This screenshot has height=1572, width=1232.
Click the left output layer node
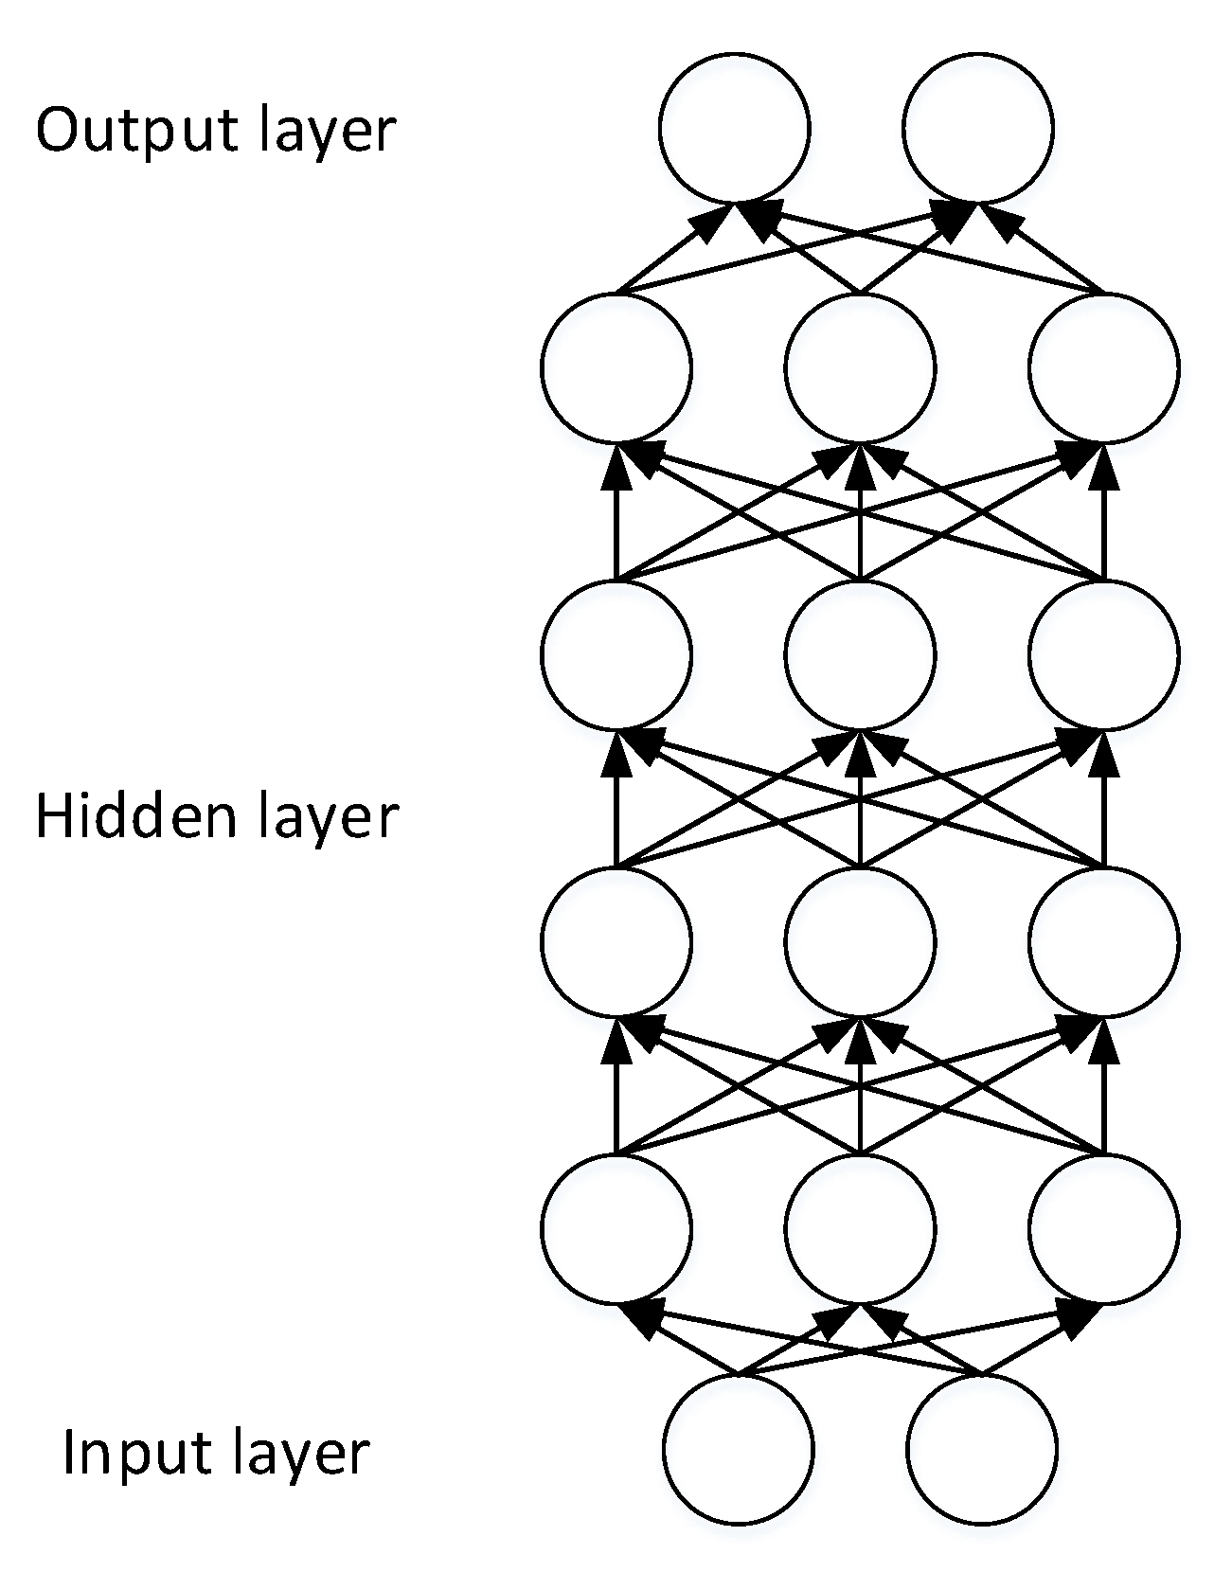pos(735,128)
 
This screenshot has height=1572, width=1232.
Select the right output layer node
pos(978,128)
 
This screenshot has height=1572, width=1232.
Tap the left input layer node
pos(738,1449)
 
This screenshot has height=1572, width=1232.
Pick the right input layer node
pos(981,1449)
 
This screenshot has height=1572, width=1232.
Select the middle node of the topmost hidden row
pos(860,367)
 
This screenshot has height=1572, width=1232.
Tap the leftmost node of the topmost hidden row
pos(616,367)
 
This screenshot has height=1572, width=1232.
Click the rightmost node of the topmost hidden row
pos(1104,367)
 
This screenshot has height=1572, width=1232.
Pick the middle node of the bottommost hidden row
pos(860,1228)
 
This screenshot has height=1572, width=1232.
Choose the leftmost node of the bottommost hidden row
pos(616,1228)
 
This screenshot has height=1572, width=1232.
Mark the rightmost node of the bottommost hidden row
pos(1104,1228)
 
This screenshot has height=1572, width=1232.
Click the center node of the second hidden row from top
pos(860,654)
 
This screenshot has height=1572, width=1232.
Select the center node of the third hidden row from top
pos(860,941)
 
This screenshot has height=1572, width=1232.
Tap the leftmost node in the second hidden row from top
pos(616,654)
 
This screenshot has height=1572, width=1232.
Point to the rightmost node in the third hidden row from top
pos(1104,941)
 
